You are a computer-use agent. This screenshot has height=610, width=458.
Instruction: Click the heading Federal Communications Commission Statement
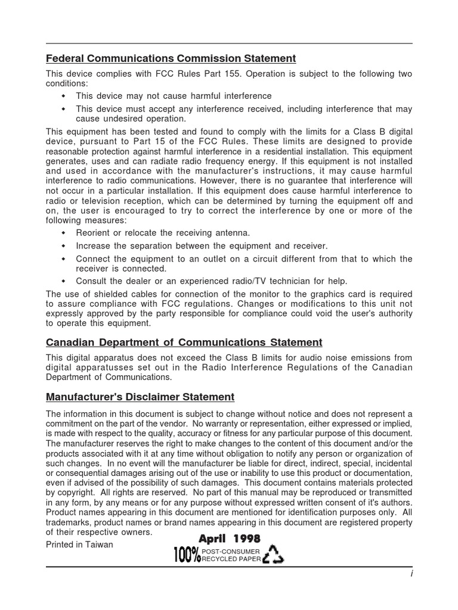pos(171,58)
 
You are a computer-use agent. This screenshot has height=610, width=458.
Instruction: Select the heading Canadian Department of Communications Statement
pos(184,343)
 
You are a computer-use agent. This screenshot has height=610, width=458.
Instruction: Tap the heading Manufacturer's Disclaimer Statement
pos(140,397)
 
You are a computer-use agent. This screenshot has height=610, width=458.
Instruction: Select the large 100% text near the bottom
pos(187,556)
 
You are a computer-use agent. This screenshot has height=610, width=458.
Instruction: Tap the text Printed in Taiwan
pos(79,544)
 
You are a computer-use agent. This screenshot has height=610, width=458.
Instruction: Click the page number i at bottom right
pos(411,573)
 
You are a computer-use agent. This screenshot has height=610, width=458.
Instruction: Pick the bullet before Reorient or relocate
pos(64,233)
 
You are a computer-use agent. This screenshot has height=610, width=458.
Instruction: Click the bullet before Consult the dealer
pos(64,281)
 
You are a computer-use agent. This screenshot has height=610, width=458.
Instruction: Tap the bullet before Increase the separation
pos(64,246)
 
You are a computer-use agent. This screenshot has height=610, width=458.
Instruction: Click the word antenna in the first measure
pos(230,233)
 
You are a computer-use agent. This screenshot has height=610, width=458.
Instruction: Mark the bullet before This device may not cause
pos(64,96)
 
